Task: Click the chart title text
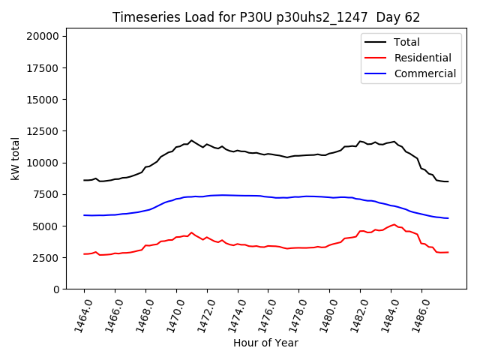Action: [x=266, y=17]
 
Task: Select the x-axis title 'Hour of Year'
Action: [x=265, y=343]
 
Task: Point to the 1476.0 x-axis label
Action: [x=262, y=313]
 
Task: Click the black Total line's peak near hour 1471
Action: [x=191, y=140]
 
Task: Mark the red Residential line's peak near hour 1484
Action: [x=394, y=224]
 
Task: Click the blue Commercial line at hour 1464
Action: [x=84, y=215]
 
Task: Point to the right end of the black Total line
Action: [x=448, y=181]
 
